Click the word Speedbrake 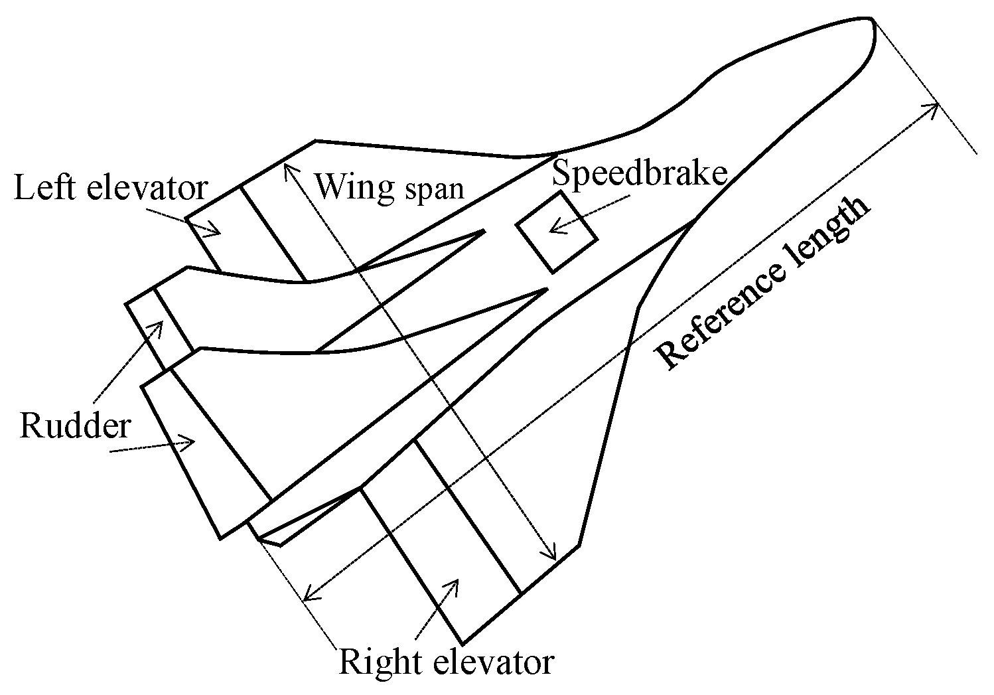click(x=640, y=174)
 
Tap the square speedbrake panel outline click(x=556, y=232)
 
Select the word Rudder click(x=75, y=425)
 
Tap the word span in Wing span click(x=434, y=189)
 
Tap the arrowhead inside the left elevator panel click(x=216, y=232)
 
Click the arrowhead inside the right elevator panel click(x=455, y=582)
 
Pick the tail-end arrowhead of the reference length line click(x=307, y=596)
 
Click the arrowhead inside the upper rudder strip click(x=159, y=325)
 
